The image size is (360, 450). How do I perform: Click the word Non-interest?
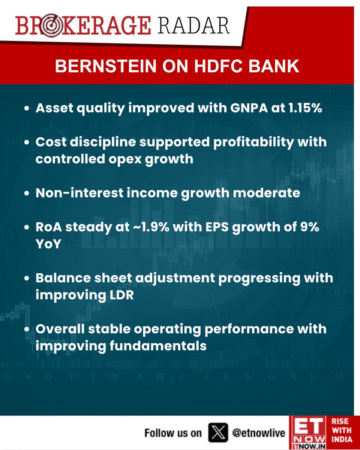(75, 193)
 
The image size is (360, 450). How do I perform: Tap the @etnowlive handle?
(259, 433)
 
